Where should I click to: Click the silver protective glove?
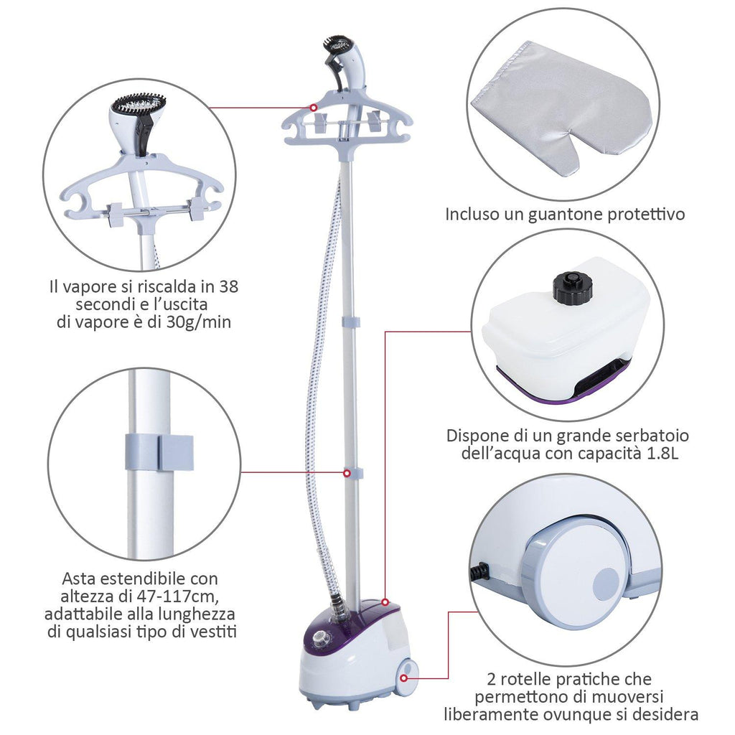pos(560,108)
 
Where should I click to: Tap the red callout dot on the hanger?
pos(313,108)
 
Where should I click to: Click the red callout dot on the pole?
pos(347,474)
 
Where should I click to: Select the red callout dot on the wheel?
pos(403,678)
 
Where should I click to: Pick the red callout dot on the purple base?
pos(385,602)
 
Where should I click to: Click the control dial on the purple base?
pos(320,638)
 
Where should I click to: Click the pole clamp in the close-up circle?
pos(159,452)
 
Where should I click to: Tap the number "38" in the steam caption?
pos(229,286)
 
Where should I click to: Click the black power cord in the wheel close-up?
pos(479,571)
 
